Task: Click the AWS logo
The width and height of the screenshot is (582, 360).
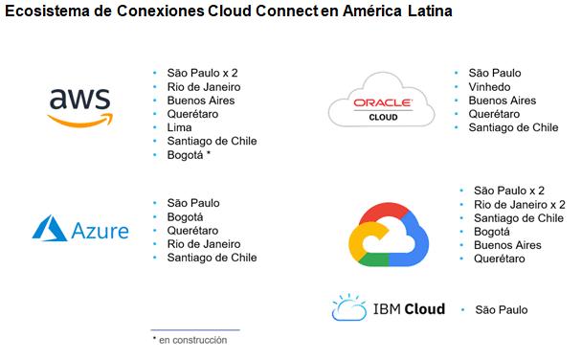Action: (79, 106)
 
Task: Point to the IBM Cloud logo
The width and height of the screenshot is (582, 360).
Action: (388, 309)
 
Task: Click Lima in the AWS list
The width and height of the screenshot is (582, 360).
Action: (179, 127)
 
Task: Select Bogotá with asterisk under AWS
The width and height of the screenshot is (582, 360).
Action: (189, 154)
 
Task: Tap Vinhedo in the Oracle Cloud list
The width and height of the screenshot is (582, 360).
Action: (489, 86)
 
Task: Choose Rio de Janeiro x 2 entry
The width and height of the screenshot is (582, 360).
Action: (520, 204)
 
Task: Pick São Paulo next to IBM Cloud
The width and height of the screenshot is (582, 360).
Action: (501, 309)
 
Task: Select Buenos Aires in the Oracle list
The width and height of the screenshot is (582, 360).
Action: (503, 101)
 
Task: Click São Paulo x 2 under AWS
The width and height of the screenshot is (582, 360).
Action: (202, 74)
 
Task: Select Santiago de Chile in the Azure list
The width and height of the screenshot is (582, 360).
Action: (212, 258)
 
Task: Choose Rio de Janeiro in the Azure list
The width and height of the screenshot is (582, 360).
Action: (204, 244)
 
